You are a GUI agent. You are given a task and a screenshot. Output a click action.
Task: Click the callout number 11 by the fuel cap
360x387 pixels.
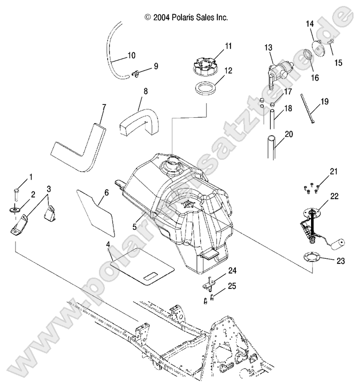click(x=215, y=46)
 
